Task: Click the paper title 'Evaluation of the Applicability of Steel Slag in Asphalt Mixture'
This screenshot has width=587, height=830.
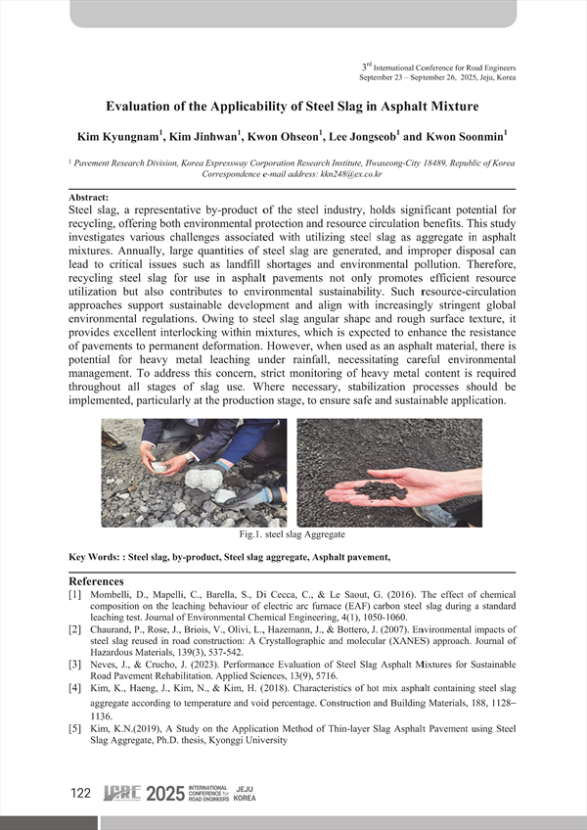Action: (293, 106)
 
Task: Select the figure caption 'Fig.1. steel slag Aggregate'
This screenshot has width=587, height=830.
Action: (292, 534)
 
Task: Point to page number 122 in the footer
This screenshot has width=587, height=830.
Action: (81, 794)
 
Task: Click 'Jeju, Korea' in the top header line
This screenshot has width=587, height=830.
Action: (494, 76)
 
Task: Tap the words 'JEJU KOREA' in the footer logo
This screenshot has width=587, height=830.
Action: (246, 794)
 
